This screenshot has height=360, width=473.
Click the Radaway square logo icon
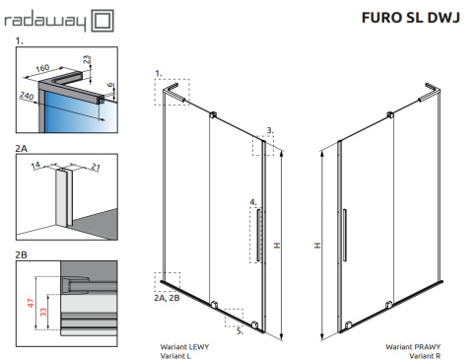pos(102,21)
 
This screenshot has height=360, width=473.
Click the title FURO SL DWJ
pos(411,18)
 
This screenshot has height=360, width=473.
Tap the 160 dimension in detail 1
pos(42,68)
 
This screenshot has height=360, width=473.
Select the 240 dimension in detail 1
pos(27,96)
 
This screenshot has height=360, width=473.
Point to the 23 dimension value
pos(86,59)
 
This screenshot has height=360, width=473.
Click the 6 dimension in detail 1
pos(111,85)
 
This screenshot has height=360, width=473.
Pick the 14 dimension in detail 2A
pos(35,166)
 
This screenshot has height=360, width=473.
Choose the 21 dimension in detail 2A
pos(96,168)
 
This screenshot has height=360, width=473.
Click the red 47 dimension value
pos(31,303)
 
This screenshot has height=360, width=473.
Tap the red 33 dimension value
pos(43,312)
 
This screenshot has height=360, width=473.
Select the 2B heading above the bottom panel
pos(21,254)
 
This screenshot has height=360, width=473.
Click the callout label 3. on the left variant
pos(270,130)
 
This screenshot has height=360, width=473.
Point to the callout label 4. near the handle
pos(253,202)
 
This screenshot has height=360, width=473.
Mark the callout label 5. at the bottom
pos(240,331)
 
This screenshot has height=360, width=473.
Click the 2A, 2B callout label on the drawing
pos(167,298)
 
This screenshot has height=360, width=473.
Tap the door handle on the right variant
pos(345,235)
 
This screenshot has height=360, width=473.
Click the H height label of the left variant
pos(277,246)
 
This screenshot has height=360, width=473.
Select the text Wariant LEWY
pos(184,346)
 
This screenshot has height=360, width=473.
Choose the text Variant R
pos(425,356)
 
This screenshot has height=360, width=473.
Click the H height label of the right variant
pos(317,246)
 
